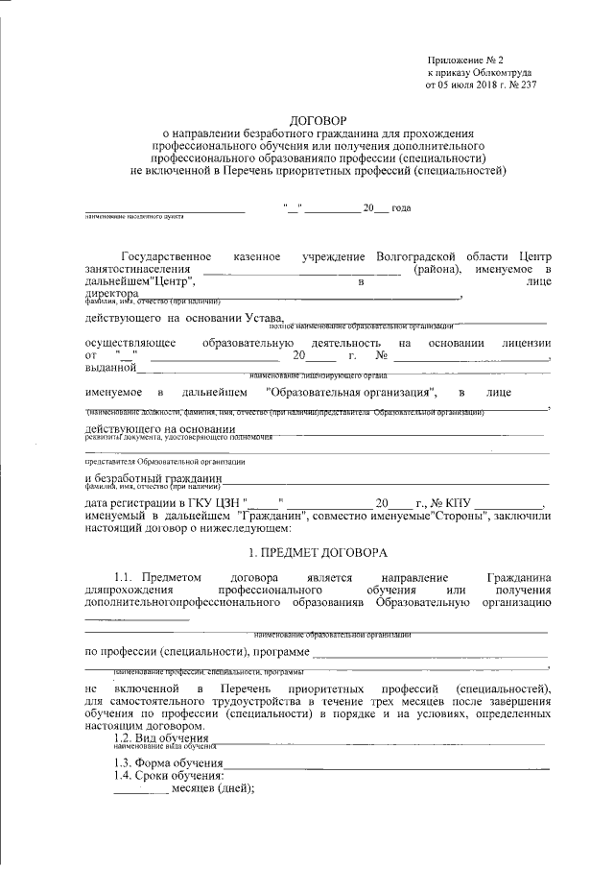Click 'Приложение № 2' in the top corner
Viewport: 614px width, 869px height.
tap(462, 60)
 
